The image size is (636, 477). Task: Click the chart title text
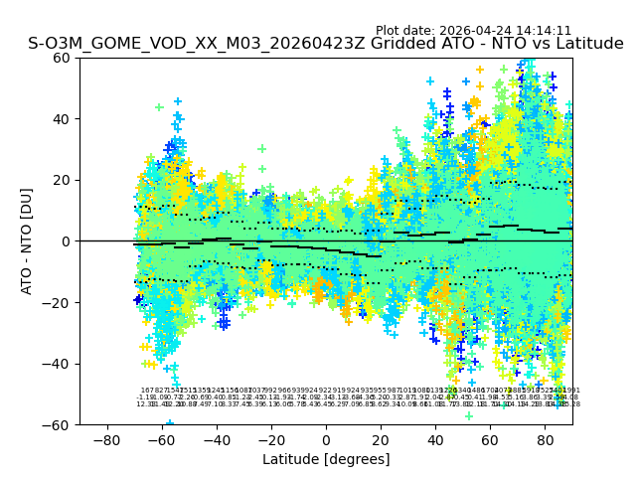[x=326, y=44]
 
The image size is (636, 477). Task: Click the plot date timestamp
[x=473, y=31]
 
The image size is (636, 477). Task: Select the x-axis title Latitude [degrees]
[x=326, y=459]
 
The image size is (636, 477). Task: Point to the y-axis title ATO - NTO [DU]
[x=27, y=241]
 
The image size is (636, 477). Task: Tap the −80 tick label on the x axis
[x=106, y=439]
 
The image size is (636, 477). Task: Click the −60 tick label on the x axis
[x=161, y=439]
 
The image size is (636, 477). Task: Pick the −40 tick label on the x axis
[x=216, y=439]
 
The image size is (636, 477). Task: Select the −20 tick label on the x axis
[x=270, y=439]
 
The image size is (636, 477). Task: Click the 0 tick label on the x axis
[x=326, y=439]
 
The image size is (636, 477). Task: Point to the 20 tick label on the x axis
[x=381, y=439]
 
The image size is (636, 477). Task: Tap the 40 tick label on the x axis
[x=435, y=439]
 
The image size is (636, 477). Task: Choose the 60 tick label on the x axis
[x=490, y=439]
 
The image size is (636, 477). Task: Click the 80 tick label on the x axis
[x=545, y=439]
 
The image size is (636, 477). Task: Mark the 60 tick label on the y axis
[x=63, y=58]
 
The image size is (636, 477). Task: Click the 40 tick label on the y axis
[x=63, y=119]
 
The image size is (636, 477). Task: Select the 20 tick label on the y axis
[x=63, y=180]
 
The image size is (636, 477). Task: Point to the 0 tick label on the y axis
[x=67, y=241]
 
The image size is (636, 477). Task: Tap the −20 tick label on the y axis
[x=59, y=302]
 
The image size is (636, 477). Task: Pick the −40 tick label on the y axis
[x=59, y=364]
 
